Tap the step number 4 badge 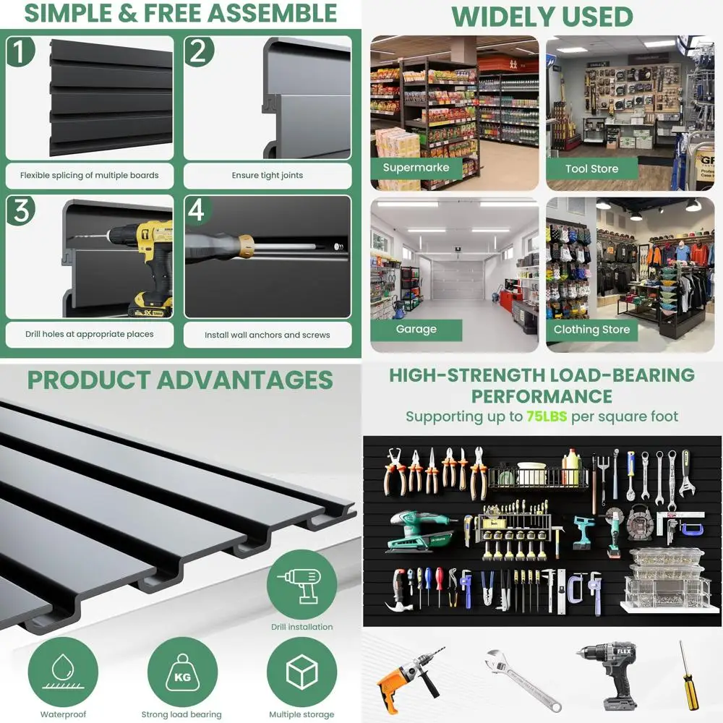pos(197,210)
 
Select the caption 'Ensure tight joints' pos(268,175)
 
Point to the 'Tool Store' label pos(591,168)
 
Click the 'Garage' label pos(416,329)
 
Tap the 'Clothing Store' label pos(591,329)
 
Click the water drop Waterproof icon pos(64,672)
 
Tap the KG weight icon pos(181,672)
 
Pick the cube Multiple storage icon pos(301,672)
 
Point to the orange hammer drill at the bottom pos(408,677)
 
